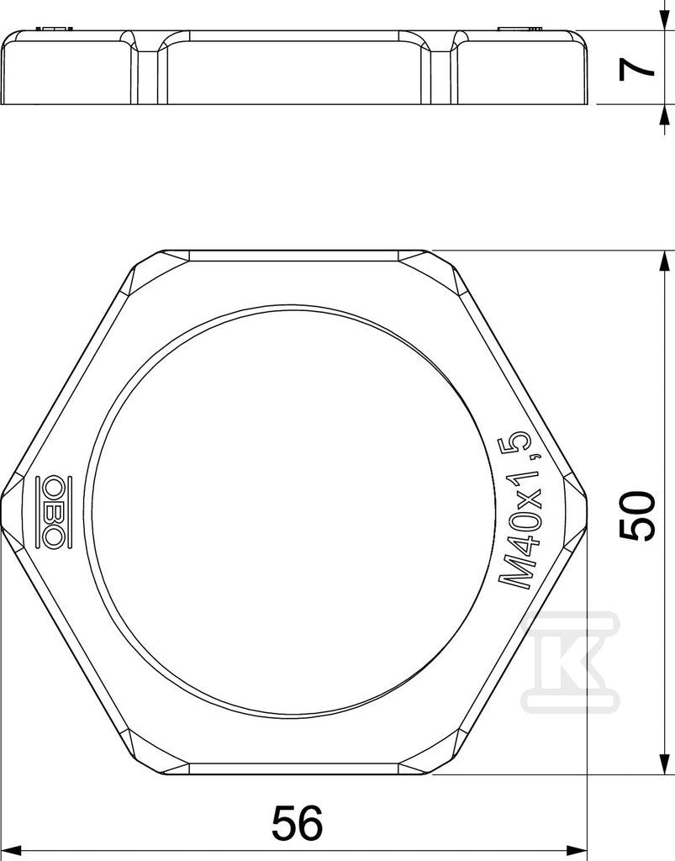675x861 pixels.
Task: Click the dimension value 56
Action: (298, 822)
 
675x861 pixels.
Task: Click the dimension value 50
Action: (637, 516)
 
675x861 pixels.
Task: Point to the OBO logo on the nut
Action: (54, 511)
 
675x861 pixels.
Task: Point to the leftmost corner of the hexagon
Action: (3, 513)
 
